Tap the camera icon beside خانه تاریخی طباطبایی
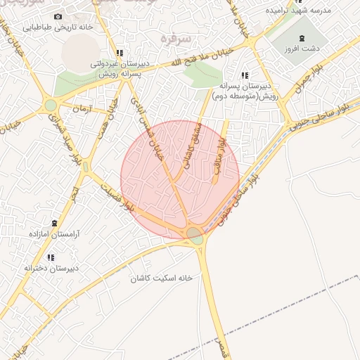tap(58, 16)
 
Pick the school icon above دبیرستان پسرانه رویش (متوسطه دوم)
tap(245, 75)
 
